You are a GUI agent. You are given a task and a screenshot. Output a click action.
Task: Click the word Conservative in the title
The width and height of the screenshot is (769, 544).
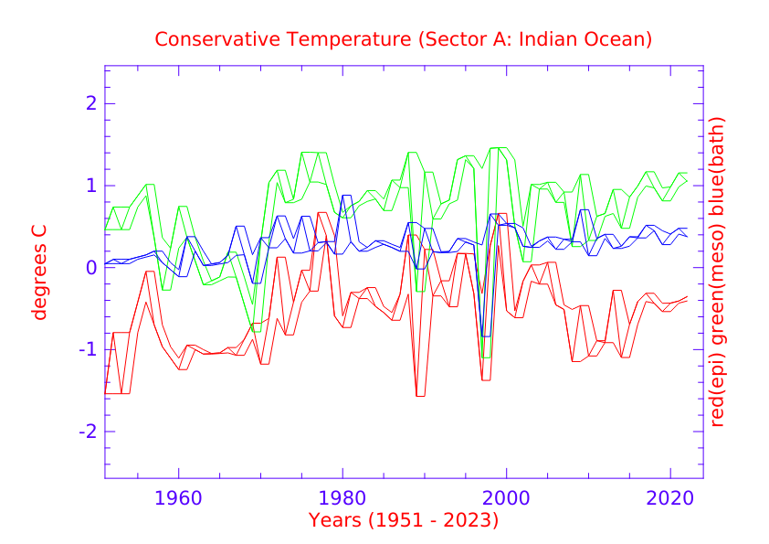tap(209, 40)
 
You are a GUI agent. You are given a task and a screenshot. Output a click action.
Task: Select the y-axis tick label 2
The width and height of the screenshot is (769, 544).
tap(90, 103)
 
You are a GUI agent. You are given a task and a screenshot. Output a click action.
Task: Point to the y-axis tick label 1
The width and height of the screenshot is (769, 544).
tap(90, 186)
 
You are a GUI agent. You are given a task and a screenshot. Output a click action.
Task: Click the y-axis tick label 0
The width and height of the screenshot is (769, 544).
tap(90, 268)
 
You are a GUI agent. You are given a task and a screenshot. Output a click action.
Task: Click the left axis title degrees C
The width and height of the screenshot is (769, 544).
tap(39, 272)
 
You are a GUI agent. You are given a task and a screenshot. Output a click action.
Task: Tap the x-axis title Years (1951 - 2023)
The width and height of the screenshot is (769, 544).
tap(404, 521)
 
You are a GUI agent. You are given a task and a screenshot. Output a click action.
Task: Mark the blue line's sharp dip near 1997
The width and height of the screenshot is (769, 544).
tap(485, 336)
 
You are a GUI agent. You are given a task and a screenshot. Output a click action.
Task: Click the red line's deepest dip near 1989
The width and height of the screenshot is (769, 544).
tap(420, 396)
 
